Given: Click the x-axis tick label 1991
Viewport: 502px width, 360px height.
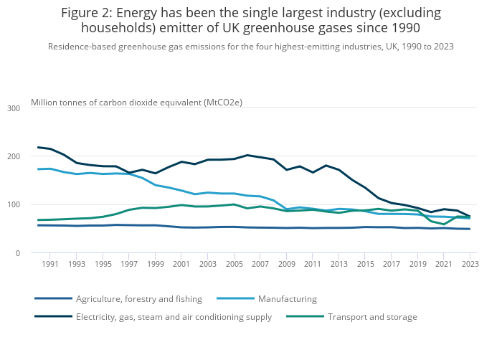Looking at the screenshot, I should click(x=50, y=265).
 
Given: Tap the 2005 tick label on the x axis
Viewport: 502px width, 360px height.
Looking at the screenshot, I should click(x=233, y=265).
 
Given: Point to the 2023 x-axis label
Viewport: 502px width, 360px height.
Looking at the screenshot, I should click(x=469, y=265).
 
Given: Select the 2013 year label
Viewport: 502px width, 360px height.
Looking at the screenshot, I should click(x=338, y=265).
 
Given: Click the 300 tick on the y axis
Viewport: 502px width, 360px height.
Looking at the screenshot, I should click(x=14, y=108).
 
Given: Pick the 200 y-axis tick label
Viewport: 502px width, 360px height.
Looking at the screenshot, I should click(x=14, y=156).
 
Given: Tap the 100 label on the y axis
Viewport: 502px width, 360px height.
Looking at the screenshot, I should click(x=14, y=205).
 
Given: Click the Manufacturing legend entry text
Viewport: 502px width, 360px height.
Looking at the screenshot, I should click(x=287, y=299).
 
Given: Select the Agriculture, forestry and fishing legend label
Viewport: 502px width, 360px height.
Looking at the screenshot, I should click(x=139, y=299).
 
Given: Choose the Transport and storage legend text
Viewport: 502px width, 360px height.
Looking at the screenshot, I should click(x=371, y=317).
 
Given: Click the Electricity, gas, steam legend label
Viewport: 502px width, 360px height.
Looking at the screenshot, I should click(x=174, y=317).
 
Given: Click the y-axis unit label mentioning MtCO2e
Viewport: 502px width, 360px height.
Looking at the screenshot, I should click(x=136, y=103).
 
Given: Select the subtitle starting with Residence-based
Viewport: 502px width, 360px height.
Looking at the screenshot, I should click(x=250, y=47).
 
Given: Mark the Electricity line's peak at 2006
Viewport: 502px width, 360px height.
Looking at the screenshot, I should click(x=247, y=155).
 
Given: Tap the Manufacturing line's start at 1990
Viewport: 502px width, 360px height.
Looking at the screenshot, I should click(x=37, y=169).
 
